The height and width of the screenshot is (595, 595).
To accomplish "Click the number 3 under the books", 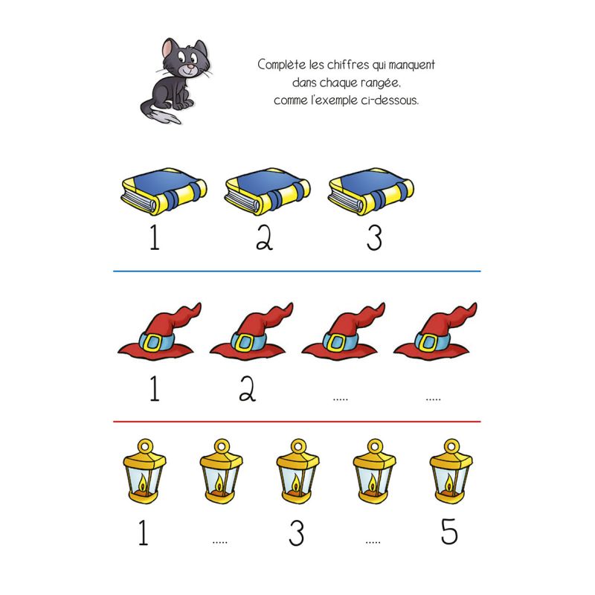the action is point(374,238).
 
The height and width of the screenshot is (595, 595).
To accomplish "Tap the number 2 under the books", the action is point(265,237).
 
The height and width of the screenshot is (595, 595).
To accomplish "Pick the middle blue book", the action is point(268,191).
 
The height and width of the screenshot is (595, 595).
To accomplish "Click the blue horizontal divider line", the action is point(297,271).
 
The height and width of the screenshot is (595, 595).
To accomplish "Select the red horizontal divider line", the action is point(297,422).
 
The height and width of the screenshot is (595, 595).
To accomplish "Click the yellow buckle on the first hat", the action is point(154,342).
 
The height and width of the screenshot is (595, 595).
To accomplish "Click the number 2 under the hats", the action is point(248,388).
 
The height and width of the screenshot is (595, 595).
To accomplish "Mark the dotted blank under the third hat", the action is point(341,399).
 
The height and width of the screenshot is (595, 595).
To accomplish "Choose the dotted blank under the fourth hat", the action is point(433,399).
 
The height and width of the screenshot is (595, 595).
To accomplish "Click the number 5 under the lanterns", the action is point(449,532).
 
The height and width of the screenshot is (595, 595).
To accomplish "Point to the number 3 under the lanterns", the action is point(296,533).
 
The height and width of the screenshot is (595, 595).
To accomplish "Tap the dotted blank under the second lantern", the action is point(220,542).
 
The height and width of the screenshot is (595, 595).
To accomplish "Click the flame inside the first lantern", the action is point(143,483).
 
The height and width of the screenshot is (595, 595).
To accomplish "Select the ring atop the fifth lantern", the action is point(451,446).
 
